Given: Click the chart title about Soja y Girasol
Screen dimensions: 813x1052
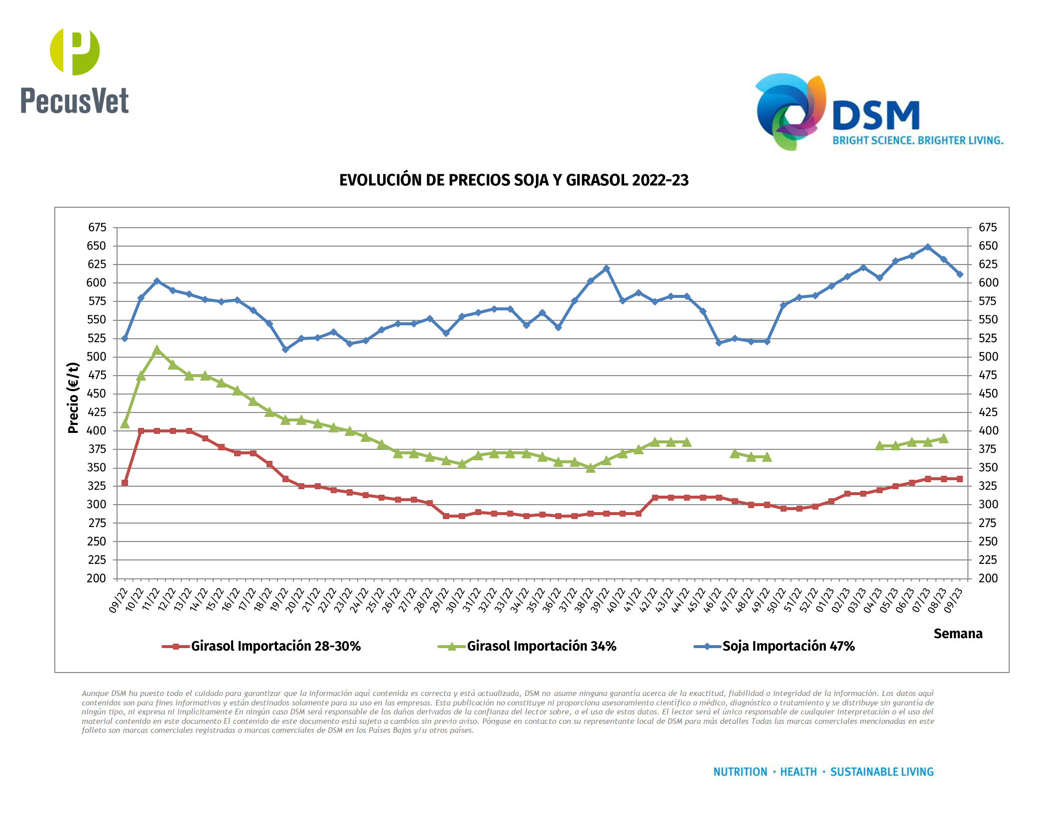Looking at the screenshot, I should [x=514, y=180].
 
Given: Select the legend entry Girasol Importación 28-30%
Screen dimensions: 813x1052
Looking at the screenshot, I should [x=275, y=646].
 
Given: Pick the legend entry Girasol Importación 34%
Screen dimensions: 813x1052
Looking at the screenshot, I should [x=541, y=646].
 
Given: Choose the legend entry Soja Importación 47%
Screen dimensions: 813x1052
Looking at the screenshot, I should [x=788, y=646].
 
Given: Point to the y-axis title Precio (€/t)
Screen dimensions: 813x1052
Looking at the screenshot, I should [x=73, y=398].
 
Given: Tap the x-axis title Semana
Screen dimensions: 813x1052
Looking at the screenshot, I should [x=957, y=634].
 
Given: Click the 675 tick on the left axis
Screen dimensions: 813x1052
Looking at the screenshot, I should [x=97, y=228].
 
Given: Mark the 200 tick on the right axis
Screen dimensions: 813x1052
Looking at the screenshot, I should [x=988, y=578].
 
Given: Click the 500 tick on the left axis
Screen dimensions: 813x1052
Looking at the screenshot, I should [x=97, y=357].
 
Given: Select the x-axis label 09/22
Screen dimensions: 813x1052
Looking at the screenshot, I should [x=118, y=600].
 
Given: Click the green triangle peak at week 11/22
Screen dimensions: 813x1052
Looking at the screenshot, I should [x=157, y=350].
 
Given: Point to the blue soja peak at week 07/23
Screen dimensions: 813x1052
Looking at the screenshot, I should [x=927, y=247].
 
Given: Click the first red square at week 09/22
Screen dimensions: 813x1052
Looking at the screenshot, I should [x=125, y=483].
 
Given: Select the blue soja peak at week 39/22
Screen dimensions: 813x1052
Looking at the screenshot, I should [x=606, y=269].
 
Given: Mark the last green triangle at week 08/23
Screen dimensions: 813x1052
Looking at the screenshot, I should [x=943, y=438].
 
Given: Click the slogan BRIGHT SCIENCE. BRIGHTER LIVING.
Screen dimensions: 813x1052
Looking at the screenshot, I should [x=918, y=140].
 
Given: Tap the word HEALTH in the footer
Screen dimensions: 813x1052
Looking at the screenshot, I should [x=798, y=772].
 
